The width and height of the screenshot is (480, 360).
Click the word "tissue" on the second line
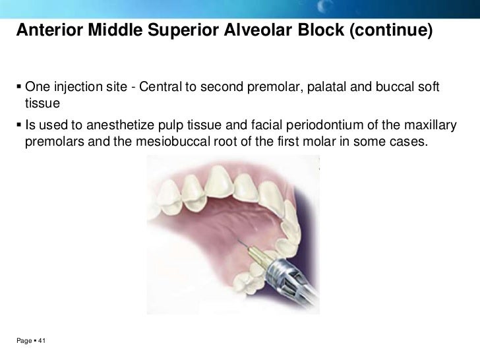point(42,104)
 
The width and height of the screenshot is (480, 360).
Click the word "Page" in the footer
point(24,341)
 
